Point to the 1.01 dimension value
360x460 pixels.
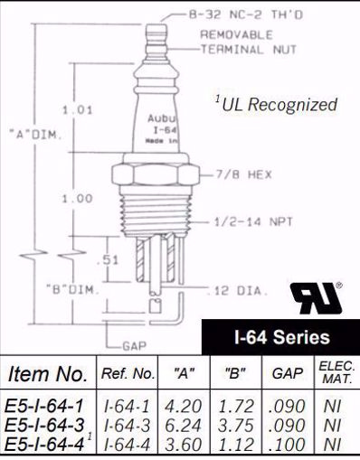77,111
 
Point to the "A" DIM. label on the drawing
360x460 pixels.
30,136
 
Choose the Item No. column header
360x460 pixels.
47,373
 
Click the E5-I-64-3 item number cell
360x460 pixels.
46,425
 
